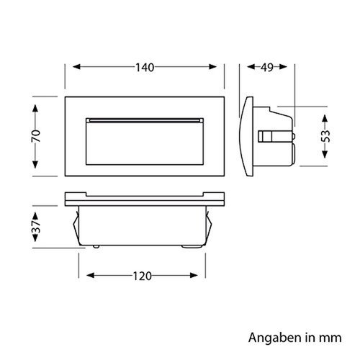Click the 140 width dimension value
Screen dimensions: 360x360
click(x=145, y=68)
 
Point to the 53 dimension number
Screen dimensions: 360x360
click(x=325, y=135)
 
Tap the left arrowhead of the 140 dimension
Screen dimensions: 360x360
click(x=69, y=68)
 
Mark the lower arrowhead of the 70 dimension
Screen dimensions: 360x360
click(x=35, y=171)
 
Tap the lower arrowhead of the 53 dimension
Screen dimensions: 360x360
click(x=325, y=160)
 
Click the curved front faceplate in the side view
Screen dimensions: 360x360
click(x=247, y=137)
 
